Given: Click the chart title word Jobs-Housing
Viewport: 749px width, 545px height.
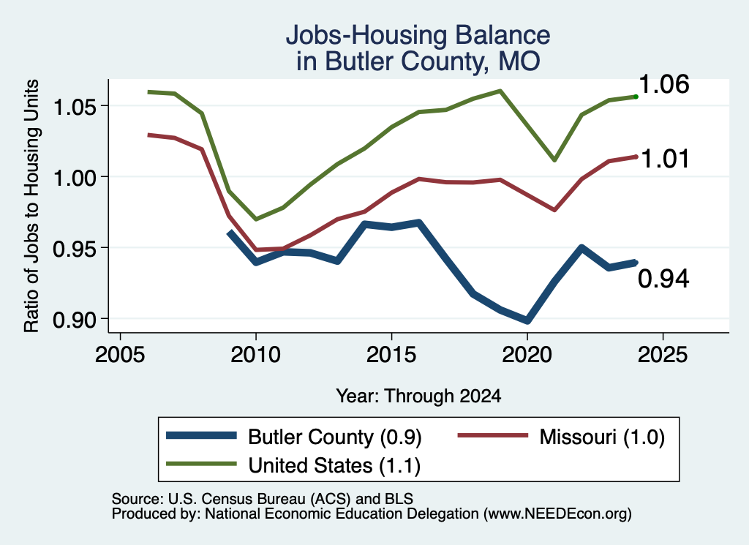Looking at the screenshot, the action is [367, 35].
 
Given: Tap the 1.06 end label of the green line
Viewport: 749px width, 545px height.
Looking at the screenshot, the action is [663, 85].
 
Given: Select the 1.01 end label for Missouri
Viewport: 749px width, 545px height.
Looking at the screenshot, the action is [664, 159].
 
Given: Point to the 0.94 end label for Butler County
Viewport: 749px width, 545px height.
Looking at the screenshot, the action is [663, 279].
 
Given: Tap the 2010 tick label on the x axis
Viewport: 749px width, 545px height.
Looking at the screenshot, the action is [255, 355].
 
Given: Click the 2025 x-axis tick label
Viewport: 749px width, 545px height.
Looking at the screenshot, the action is [663, 355].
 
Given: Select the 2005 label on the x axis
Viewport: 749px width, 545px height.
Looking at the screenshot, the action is [120, 355].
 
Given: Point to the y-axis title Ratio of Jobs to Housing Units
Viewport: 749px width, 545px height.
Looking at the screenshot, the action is [31, 206].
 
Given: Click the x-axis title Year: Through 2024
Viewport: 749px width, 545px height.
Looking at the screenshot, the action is [418, 396].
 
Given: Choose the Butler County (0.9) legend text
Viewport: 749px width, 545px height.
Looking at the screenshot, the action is [335, 437].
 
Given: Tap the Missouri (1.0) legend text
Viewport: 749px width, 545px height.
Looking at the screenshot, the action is [602, 437].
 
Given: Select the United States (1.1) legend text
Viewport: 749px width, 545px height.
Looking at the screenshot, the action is [334, 465].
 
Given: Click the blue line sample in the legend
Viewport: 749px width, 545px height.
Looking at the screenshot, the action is [201, 435].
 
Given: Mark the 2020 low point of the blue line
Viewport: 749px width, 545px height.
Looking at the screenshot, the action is [527, 320].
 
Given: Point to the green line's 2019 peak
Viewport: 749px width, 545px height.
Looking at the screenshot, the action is [500, 91].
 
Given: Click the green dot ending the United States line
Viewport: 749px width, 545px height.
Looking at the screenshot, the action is [636, 97].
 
